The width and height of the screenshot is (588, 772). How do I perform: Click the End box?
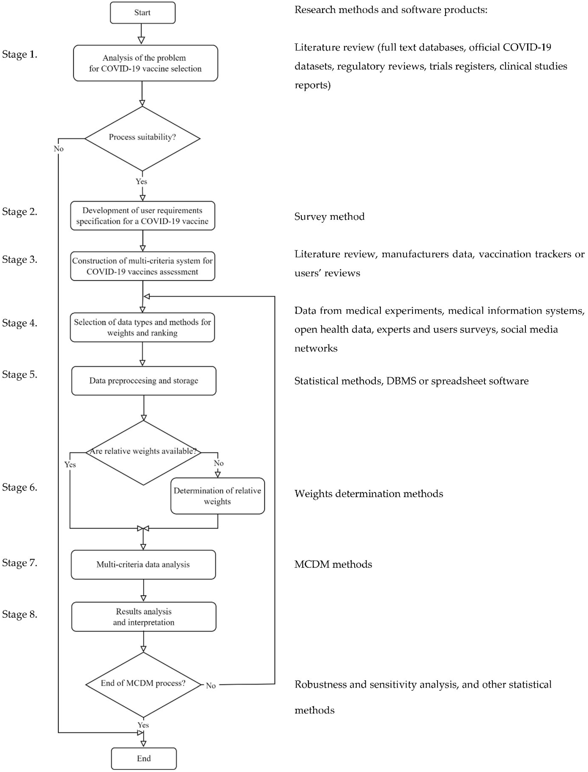tap(144, 758)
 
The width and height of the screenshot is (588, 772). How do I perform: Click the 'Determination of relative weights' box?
tap(217, 496)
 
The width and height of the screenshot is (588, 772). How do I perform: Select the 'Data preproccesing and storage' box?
tap(144, 381)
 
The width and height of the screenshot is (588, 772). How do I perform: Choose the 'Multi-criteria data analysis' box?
tap(143, 564)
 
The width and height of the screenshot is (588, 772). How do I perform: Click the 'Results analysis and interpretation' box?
tap(144, 617)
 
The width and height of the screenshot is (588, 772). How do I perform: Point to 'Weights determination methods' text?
tap(369, 494)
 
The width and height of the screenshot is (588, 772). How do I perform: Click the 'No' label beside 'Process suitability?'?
tap(59, 149)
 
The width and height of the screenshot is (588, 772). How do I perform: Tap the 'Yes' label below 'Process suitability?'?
tap(141, 181)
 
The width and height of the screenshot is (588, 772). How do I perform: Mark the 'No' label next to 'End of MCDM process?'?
tap(211, 686)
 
